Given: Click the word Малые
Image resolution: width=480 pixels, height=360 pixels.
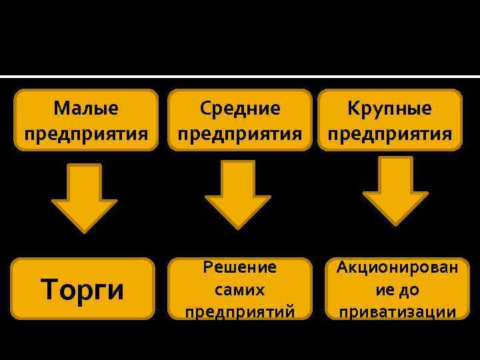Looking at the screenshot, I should click(x=86, y=108).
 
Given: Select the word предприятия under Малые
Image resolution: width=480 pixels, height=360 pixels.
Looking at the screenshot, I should click(x=86, y=133).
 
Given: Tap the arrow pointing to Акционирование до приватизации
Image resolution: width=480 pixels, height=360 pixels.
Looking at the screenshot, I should click(x=395, y=190).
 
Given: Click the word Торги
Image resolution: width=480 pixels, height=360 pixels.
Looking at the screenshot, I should click(x=83, y=290).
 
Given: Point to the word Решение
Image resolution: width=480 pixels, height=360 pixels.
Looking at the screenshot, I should click(x=239, y=268).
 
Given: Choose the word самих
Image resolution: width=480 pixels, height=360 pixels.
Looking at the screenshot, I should click(x=239, y=290).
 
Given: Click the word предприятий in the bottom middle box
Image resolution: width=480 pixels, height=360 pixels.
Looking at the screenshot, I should click(x=239, y=312).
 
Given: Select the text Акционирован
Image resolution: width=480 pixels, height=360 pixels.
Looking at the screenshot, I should click(x=397, y=268).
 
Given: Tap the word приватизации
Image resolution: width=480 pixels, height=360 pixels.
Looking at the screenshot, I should click(x=397, y=312).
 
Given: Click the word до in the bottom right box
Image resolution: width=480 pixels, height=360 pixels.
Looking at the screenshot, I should click(x=410, y=290).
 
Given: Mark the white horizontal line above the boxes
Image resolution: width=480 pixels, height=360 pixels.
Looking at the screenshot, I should click(x=240, y=76).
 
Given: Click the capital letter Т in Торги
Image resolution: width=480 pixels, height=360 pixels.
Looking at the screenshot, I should click(x=49, y=290).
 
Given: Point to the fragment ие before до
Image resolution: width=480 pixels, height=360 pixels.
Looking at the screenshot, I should click(x=385, y=290).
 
